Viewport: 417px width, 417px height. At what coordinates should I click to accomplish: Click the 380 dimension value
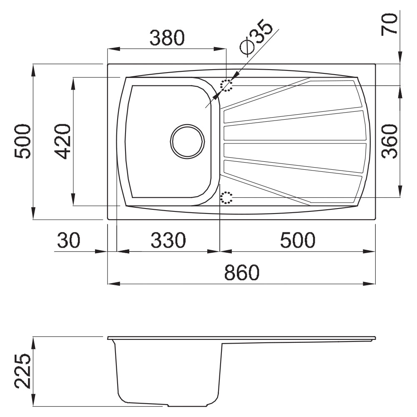click(167, 38)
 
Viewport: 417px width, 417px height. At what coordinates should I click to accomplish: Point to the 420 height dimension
click(62, 141)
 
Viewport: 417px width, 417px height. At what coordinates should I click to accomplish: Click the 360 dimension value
click(389, 141)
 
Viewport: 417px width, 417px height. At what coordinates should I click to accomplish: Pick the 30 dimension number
click(68, 240)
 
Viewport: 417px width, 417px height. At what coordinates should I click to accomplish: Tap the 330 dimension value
click(168, 240)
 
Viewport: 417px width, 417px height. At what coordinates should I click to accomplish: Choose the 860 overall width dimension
click(242, 272)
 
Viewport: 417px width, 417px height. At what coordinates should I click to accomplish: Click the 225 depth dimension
click(23, 371)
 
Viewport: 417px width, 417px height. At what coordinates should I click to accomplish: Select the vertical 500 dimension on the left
click(23, 141)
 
